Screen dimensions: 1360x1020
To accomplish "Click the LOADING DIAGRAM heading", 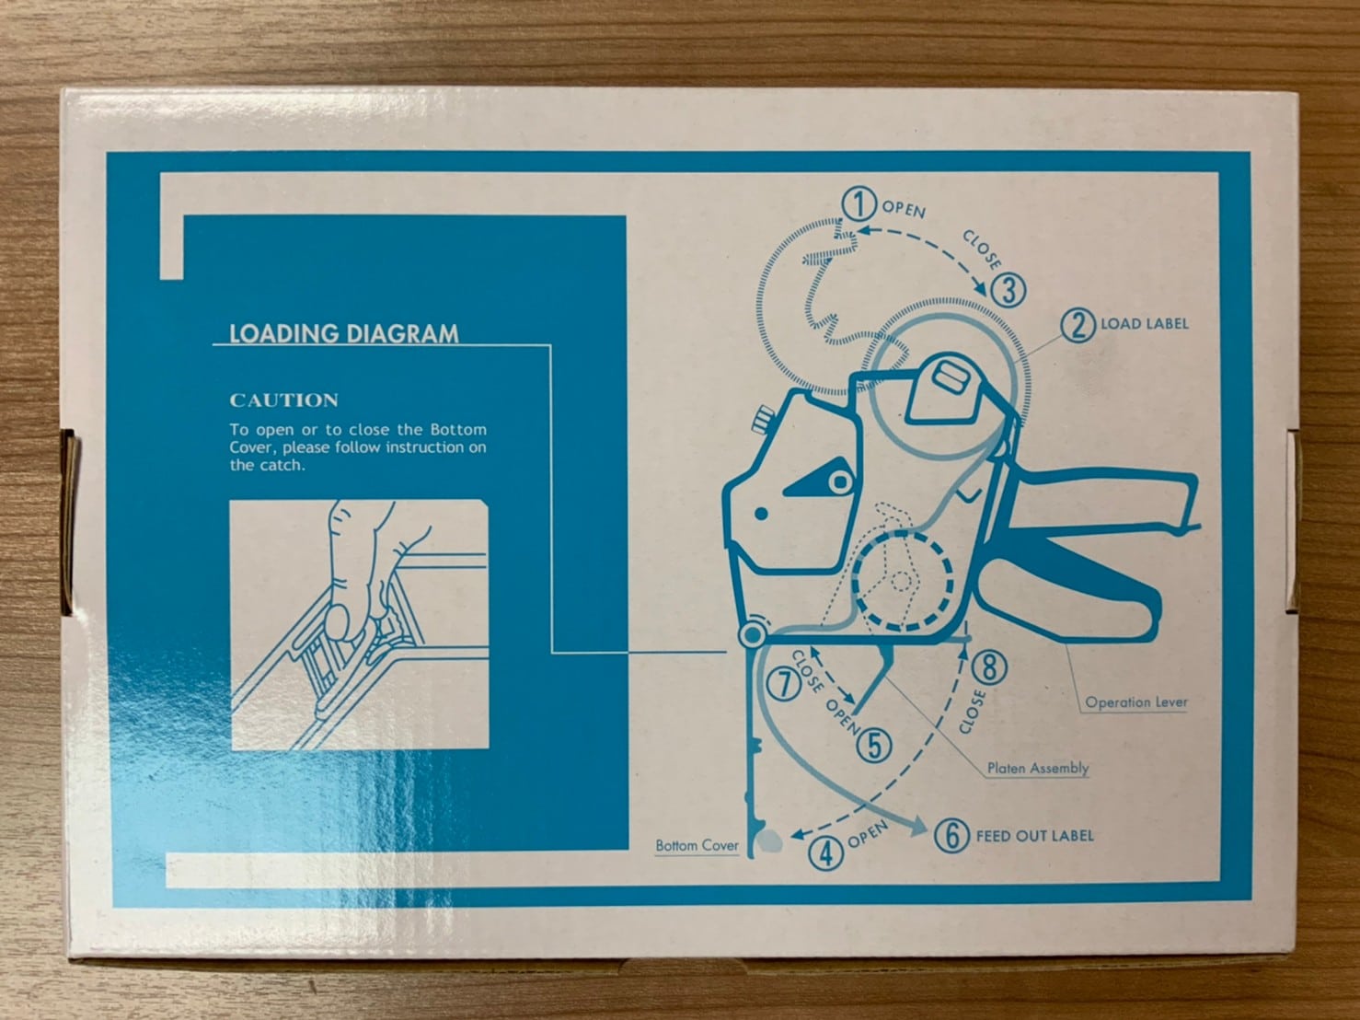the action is click(344, 333).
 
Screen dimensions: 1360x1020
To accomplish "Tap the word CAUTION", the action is click(283, 400).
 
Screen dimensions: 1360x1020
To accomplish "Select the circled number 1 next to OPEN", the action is click(859, 205).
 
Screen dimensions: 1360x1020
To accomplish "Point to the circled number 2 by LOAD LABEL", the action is click(1078, 325).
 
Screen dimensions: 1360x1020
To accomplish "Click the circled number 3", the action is click(1008, 290).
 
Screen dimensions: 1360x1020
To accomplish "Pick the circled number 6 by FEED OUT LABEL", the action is click(951, 835).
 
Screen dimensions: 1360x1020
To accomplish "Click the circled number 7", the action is click(784, 684).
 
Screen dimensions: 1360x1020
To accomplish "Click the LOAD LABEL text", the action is click(1145, 323).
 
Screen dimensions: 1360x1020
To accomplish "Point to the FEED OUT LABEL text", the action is click(1034, 835).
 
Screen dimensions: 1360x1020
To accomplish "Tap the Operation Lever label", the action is click(1136, 702).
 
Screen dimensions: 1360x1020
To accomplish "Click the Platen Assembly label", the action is click(1038, 768).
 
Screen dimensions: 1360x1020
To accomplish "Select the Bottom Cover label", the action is click(697, 845).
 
